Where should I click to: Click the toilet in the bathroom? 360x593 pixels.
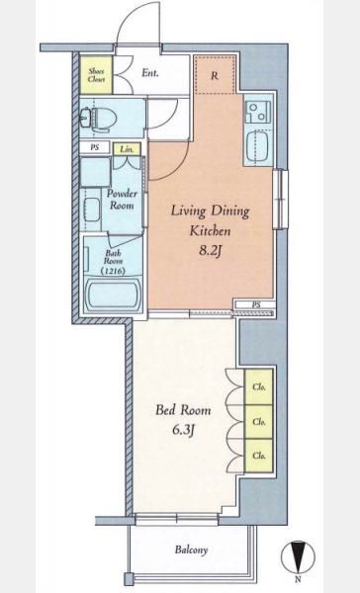click(x=98, y=120)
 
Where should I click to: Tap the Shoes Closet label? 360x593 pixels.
click(x=96, y=75)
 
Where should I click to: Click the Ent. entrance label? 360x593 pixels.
click(x=150, y=72)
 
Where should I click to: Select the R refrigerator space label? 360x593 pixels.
click(x=215, y=76)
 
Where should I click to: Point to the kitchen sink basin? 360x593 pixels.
click(x=258, y=146)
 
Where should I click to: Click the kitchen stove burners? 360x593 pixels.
click(x=257, y=113)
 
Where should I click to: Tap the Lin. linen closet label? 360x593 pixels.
click(x=127, y=149)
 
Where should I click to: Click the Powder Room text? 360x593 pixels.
click(x=122, y=200)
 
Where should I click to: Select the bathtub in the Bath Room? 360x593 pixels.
click(x=113, y=294)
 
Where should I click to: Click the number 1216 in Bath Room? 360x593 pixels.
click(x=113, y=271)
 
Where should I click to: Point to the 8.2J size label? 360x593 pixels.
click(x=210, y=251)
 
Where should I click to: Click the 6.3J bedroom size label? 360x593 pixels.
click(x=183, y=430)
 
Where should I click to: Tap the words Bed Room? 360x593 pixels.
click(x=183, y=410)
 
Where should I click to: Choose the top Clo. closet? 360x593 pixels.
click(x=258, y=386)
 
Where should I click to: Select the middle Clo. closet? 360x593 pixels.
click(x=258, y=422)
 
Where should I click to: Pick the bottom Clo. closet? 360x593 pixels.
click(x=258, y=456)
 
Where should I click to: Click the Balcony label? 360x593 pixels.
click(x=191, y=550)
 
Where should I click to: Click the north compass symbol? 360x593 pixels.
click(x=298, y=558)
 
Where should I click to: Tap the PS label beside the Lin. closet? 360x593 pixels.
click(x=95, y=147)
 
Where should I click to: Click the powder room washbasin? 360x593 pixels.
click(x=92, y=210)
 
